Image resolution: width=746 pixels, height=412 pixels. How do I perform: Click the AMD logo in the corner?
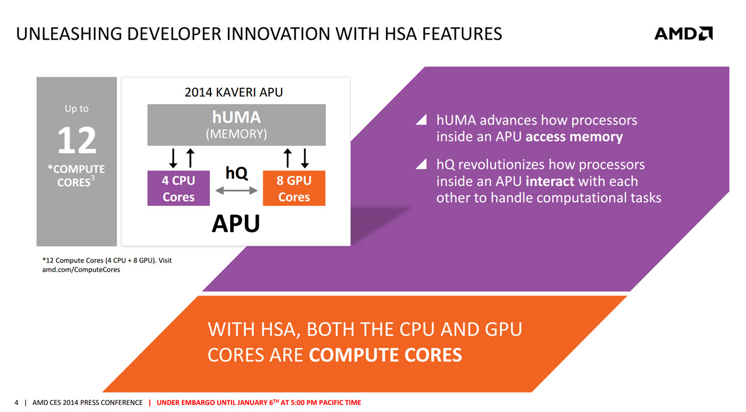point(684,34)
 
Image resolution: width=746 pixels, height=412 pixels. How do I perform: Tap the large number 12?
point(77,141)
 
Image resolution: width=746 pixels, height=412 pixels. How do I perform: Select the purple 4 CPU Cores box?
point(178,188)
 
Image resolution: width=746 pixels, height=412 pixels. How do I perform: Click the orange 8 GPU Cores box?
point(294,188)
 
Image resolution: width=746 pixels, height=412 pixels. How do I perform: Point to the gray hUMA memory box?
point(237,125)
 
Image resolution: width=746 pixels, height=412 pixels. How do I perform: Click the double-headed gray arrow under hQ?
point(237,190)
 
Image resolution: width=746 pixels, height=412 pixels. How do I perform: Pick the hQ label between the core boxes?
point(237,173)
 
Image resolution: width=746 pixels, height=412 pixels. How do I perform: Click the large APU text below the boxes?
point(236,223)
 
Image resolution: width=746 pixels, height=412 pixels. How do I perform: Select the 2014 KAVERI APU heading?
point(234,92)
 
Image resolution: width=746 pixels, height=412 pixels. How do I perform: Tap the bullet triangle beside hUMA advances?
point(422,120)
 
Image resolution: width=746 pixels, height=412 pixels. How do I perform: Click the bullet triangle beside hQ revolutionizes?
point(422,164)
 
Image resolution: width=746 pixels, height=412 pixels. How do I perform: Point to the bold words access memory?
point(574,137)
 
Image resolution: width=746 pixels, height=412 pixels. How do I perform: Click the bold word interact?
point(550,182)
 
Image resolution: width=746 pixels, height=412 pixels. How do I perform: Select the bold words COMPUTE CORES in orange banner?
point(385,355)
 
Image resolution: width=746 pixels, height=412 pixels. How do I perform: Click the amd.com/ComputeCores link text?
point(81,269)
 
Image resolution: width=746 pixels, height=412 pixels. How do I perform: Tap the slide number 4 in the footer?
point(16,403)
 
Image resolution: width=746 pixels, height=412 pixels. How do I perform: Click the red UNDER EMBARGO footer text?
point(259,402)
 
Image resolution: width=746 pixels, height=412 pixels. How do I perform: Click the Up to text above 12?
point(76,109)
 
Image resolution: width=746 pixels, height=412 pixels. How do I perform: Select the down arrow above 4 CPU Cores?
point(173,158)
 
